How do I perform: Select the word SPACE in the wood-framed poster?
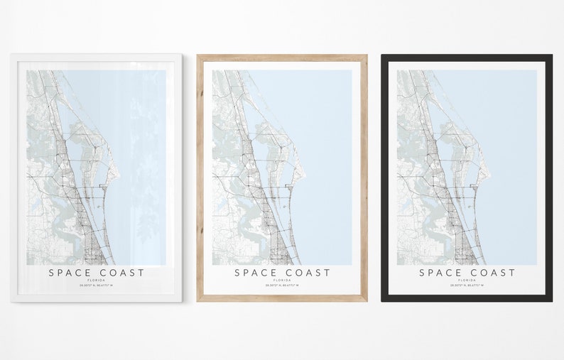[x=256, y=273]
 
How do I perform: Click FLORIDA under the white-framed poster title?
[x=97, y=280]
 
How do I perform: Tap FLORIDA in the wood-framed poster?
[x=282, y=280]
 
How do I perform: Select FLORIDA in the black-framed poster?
[x=467, y=280]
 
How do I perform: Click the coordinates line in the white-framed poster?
[x=97, y=285]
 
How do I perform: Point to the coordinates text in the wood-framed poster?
[x=282, y=285]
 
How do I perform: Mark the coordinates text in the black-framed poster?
[x=467, y=285]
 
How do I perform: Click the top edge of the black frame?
[x=467, y=58]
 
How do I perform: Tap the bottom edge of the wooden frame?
[x=282, y=298]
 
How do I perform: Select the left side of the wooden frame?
[x=200, y=178]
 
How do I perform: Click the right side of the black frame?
[x=549, y=178]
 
